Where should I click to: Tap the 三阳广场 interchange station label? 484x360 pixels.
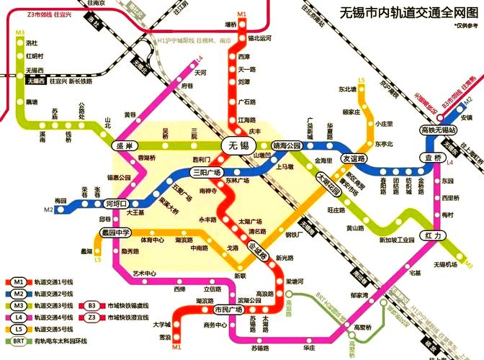209,172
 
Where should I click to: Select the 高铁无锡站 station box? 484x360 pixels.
439,130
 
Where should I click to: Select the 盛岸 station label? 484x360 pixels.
125,146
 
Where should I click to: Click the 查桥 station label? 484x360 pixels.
434,158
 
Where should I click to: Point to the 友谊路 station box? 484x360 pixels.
354,158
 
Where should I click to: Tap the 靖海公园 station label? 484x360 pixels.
286,145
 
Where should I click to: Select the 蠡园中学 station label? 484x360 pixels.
115,233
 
